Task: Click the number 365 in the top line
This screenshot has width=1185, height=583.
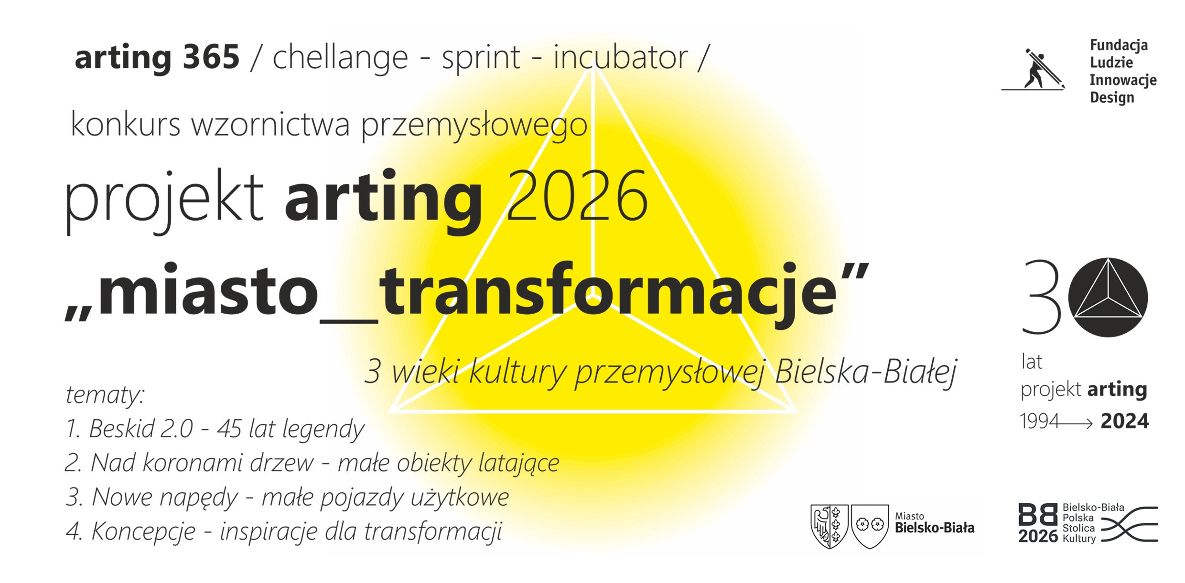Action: pos(211,57)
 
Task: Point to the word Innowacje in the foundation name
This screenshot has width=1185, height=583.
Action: pos(1123,80)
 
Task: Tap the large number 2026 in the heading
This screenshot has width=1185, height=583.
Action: pos(577,196)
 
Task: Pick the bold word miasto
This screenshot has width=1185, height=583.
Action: pos(208,291)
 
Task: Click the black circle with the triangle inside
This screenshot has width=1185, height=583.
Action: pos(1108,297)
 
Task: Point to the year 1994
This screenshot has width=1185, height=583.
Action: pos(1039,422)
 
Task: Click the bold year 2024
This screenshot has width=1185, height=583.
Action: pos(1125,422)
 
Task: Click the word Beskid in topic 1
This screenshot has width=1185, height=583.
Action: pos(121,428)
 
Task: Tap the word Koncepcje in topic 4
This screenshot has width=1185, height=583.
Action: pos(143,531)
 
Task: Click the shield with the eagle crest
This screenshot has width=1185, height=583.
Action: pos(829,526)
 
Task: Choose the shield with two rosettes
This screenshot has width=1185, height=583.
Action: pos(870,526)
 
